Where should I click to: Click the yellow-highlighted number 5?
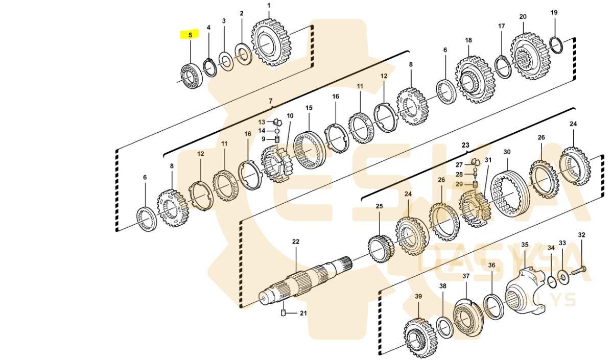coord(190,35)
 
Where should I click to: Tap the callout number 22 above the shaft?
coord(296,242)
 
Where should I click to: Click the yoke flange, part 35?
coord(523,289)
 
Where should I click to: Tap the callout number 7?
coord(271,102)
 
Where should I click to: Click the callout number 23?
coord(465,146)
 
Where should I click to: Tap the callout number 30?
coord(507,152)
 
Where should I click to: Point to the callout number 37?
coord(465,276)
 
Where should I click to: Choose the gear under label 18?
coord(473,80)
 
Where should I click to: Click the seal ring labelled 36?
coord(491,306)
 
